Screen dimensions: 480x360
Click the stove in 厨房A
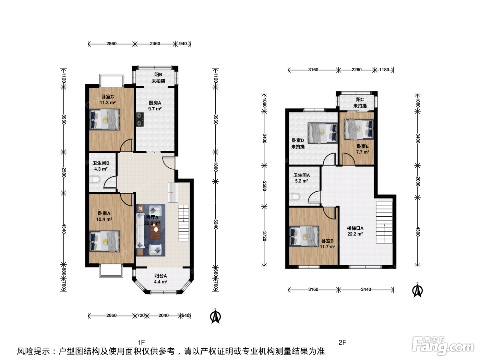click(140, 119)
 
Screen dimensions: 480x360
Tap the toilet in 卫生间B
click(95, 180)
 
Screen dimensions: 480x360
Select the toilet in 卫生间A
click(294, 197)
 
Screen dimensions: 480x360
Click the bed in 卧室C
click(105, 120)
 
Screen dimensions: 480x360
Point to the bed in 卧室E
click(359, 129)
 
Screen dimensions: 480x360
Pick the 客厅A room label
click(152, 220)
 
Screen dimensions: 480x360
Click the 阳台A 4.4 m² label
click(161, 279)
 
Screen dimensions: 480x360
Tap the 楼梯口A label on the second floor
click(355, 231)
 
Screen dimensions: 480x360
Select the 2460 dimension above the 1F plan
click(155, 44)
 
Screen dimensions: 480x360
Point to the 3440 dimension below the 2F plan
click(366, 289)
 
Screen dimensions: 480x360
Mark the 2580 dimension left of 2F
click(264, 186)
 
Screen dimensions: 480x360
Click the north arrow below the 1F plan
click(215, 316)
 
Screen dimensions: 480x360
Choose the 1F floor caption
click(141, 342)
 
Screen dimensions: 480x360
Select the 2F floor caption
click(342, 342)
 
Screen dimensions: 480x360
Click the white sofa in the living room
click(140, 231)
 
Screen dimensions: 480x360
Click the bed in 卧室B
click(304, 236)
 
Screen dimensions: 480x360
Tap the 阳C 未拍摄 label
click(360, 103)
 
